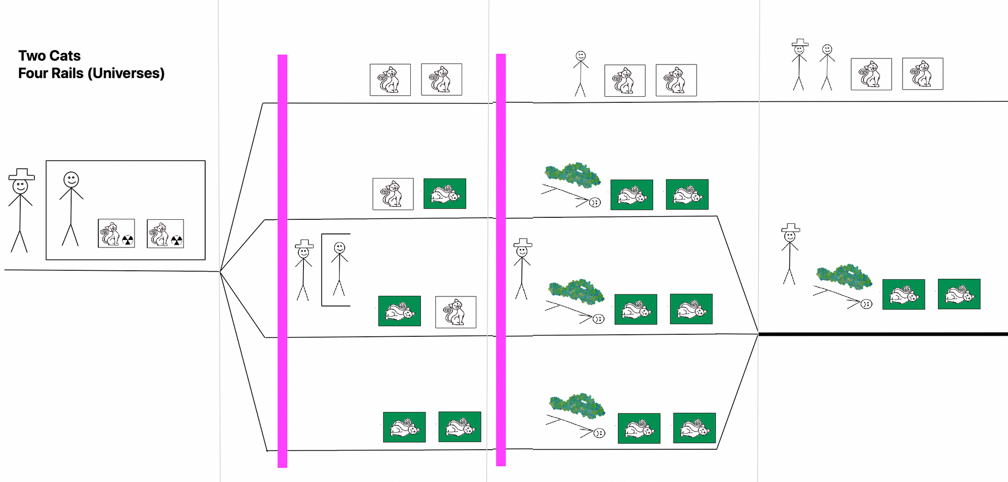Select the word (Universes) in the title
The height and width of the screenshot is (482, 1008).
point(126,74)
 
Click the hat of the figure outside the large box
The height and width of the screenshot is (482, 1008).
point(22,174)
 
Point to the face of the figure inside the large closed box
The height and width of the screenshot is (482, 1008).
point(71,179)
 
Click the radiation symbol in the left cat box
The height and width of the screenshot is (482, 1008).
point(128,239)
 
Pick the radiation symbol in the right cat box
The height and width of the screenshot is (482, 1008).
point(176,240)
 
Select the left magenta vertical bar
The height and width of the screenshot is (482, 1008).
point(283,261)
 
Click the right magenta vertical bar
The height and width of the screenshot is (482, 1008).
point(501,260)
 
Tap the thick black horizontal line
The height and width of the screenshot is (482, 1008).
point(883,334)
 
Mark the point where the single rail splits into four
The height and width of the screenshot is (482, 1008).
point(220,272)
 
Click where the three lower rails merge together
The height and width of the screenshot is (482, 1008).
point(758,333)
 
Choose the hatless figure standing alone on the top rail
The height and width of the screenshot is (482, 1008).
point(581,74)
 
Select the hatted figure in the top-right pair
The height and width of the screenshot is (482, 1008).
point(799,65)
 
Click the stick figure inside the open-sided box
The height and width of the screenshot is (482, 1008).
point(340,269)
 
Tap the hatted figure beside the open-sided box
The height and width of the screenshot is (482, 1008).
point(303,270)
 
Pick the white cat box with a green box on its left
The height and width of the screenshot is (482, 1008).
point(456,312)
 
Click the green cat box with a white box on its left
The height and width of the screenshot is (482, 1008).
point(445,194)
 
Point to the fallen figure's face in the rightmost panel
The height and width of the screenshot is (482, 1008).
point(866,304)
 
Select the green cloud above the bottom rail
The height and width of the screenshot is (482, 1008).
point(577,406)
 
